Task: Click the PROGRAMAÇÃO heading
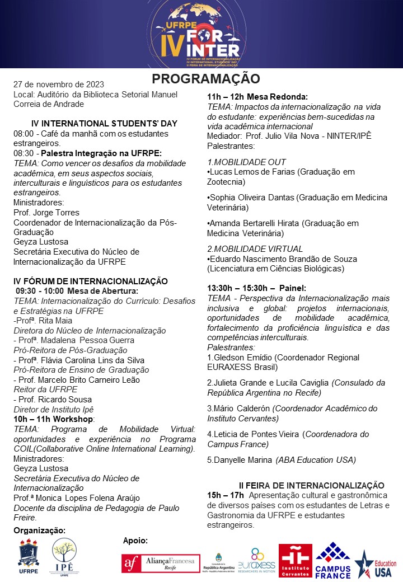(x=206, y=78)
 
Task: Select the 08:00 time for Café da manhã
(x=24, y=134)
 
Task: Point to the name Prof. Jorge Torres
(x=46, y=213)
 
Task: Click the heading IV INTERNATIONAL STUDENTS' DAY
(x=93, y=124)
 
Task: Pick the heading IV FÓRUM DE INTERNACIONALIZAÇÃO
(x=90, y=281)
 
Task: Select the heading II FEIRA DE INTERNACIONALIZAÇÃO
(x=311, y=485)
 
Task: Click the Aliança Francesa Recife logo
(x=161, y=562)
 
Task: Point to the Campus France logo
(x=334, y=560)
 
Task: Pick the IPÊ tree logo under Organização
(x=63, y=558)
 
